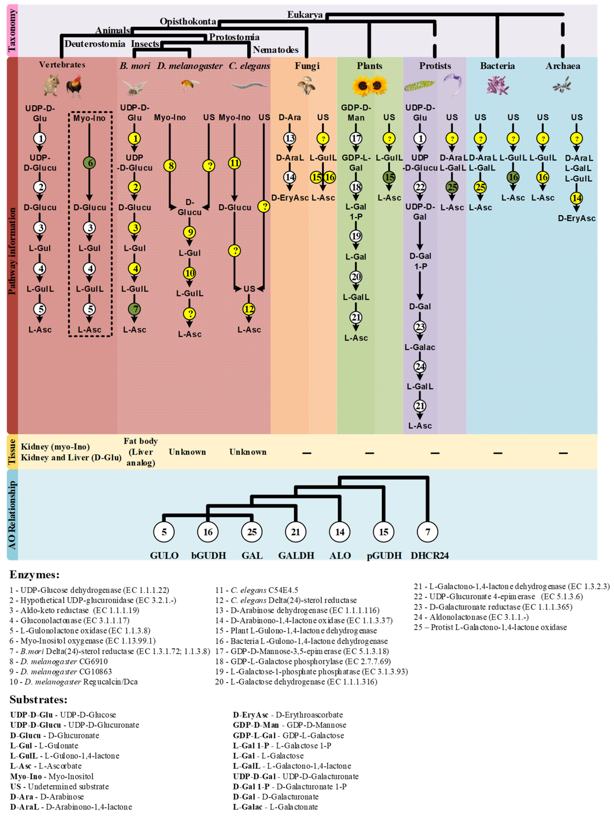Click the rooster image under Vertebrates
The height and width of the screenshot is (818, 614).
[74, 86]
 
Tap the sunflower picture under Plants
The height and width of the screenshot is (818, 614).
[369, 85]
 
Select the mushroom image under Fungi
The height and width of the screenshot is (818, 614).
[306, 85]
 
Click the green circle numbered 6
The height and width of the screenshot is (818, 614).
[89, 163]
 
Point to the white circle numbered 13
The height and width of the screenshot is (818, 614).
[290, 138]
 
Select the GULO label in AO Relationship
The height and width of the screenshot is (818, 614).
[164, 556]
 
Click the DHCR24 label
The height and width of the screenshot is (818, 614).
[429, 556]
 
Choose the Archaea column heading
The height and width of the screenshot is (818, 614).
[563, 66]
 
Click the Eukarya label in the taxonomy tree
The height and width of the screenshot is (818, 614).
[305, 15]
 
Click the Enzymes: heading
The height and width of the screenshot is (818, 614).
[34, 575]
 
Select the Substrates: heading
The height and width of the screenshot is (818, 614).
[38, 700]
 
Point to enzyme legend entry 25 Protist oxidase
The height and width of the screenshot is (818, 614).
[490, 627]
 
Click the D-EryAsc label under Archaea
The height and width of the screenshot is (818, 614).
[576, 218]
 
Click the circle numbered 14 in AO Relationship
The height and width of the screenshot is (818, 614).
[339, 532]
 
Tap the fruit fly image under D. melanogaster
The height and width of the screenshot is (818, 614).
[190, 85]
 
